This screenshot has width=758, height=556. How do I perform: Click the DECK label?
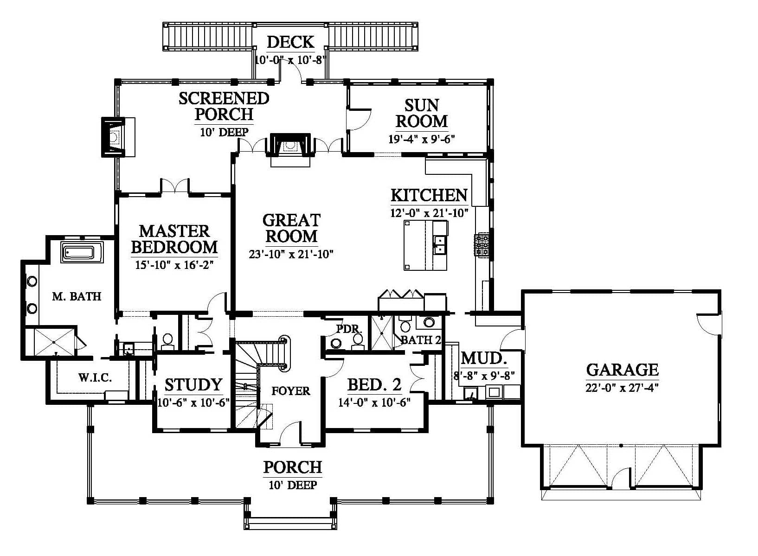(x=290, y=42)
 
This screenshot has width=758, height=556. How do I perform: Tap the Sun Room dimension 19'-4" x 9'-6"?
(x=421, y=139)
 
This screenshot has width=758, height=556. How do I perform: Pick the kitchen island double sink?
(x=439, y=244)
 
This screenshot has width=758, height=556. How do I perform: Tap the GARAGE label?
(x=622, y=370)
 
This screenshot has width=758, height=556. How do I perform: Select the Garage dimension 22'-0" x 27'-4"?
(x=622, y=387)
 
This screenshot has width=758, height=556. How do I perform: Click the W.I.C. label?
(x=95, y=377)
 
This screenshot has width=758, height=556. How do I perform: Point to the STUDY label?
(x=193, y=385)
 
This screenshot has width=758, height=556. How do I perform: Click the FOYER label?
(x=291, y=391)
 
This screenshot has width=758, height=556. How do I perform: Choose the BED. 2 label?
(x=374, y=385)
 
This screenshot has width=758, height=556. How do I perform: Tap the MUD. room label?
(x=483, y=358)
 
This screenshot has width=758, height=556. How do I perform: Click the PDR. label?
(x=349, y=329)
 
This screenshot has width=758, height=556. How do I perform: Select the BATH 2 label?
(x=421, y=340)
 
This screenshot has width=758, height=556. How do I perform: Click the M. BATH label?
(x=77, y=296)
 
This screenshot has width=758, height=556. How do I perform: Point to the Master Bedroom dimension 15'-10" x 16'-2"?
(x=174, y=265)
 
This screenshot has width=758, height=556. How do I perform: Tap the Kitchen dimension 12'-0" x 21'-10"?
(x=429, y=213)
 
